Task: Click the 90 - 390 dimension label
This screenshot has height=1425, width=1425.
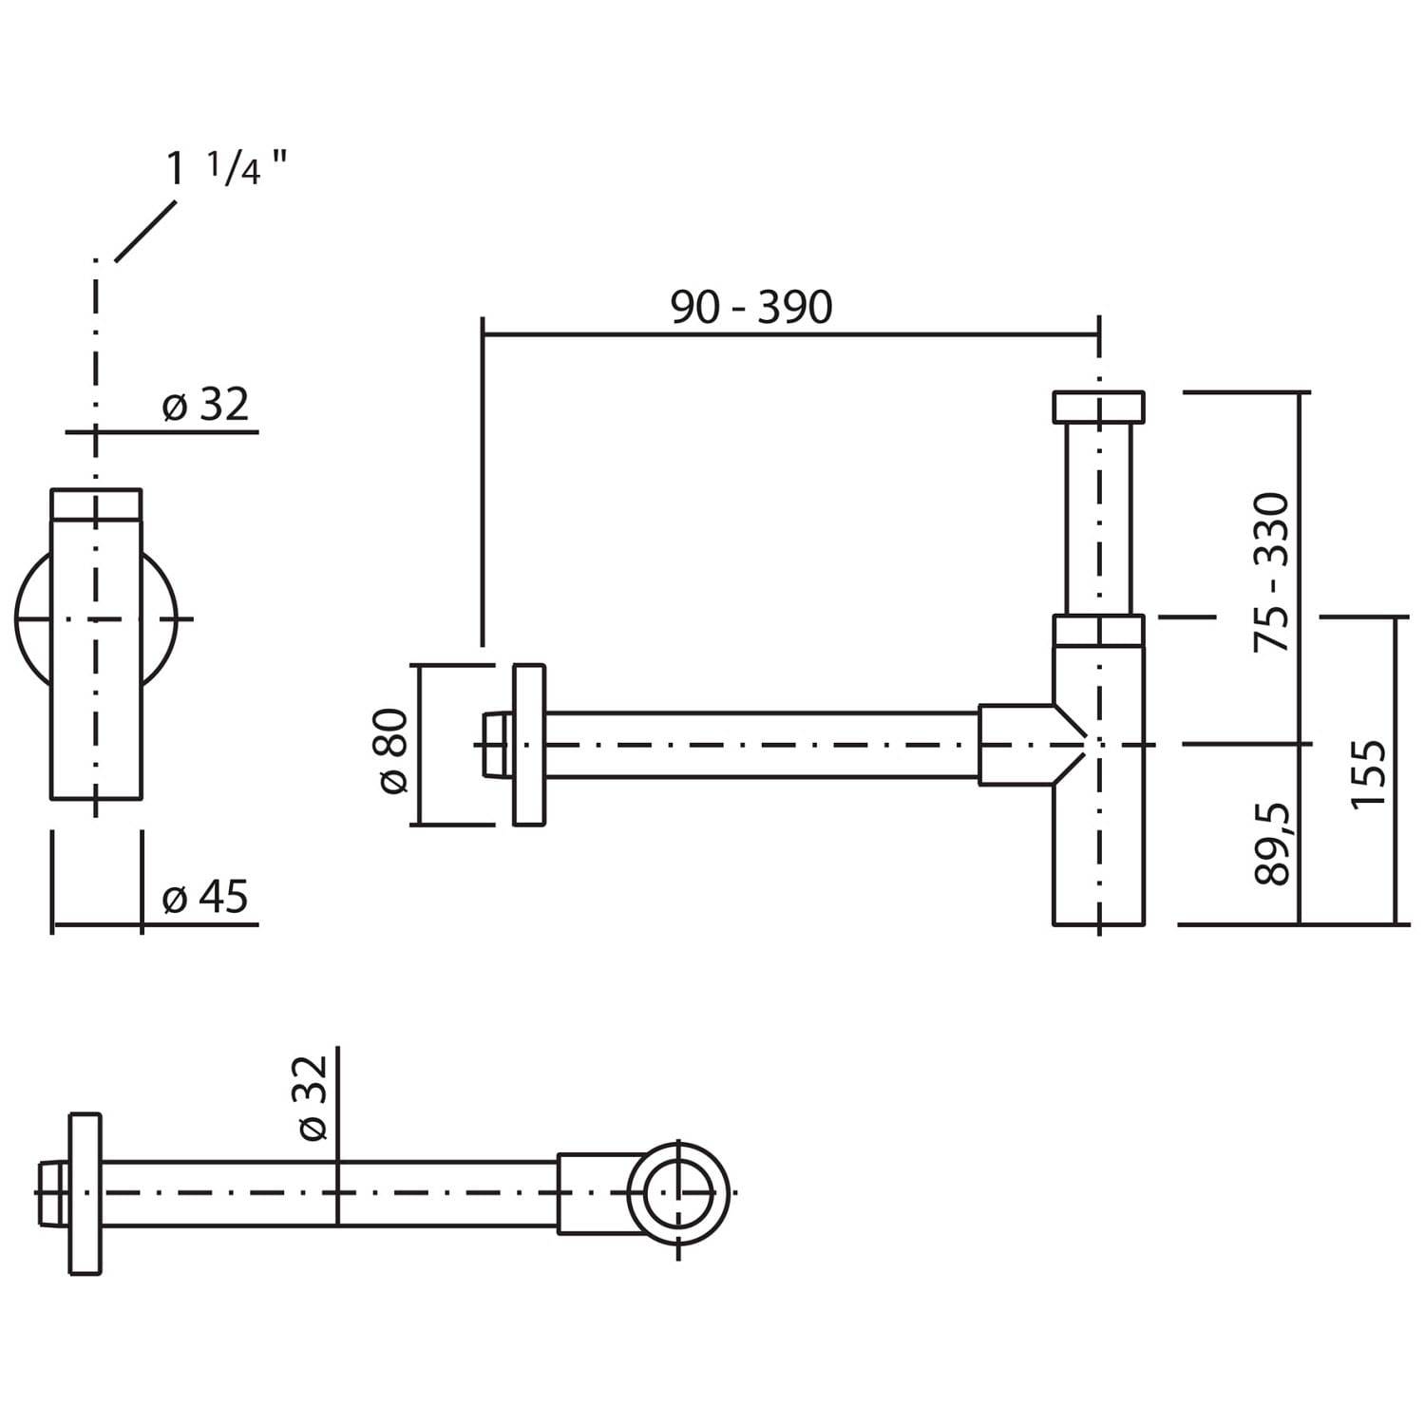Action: (x=751, y=307)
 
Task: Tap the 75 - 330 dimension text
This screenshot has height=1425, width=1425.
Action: (x=1273, y=572)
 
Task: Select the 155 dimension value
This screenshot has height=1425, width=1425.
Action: (x=1369, y=774)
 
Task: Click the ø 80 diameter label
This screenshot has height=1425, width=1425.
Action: (x=392, y=750)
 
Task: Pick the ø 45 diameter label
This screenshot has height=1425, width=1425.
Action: (x=205, y=897)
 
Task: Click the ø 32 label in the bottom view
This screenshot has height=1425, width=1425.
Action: (x=313, y=1097)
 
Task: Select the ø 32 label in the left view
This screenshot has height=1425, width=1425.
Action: (x=205, y=406)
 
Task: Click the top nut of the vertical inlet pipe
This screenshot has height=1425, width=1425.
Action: (x=1099, y=407)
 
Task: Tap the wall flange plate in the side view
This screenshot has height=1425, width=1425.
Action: (x=529, y=745)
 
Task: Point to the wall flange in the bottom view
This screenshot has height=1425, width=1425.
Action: (x=85, y=1193)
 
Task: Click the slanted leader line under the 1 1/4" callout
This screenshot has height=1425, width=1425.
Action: (x=145, y=231)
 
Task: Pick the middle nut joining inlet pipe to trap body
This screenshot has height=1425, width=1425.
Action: (x=1099, y=632)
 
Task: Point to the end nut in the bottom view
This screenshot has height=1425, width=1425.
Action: (x=53, y=1193)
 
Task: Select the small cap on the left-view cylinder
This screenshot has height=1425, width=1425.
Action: (x=96, y=504)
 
